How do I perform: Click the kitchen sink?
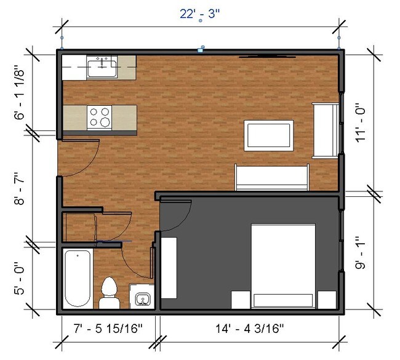[x=102, y=66]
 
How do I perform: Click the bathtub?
[x=78, y=278]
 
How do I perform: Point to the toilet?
[x=109, y=293]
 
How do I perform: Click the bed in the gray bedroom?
[x=283, y=265]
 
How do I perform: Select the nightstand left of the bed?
[x=239, y=300]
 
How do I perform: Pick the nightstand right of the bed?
[x=326, y=300]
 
